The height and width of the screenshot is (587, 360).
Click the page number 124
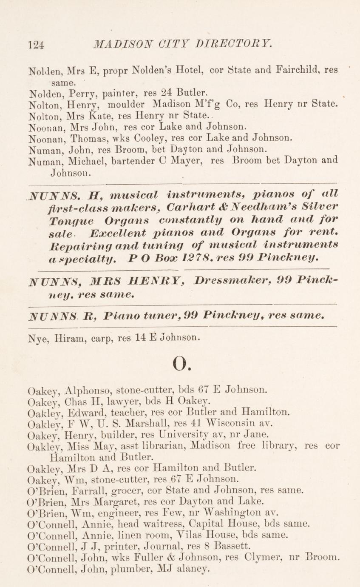pyautogui.click(x=36, y=44)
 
